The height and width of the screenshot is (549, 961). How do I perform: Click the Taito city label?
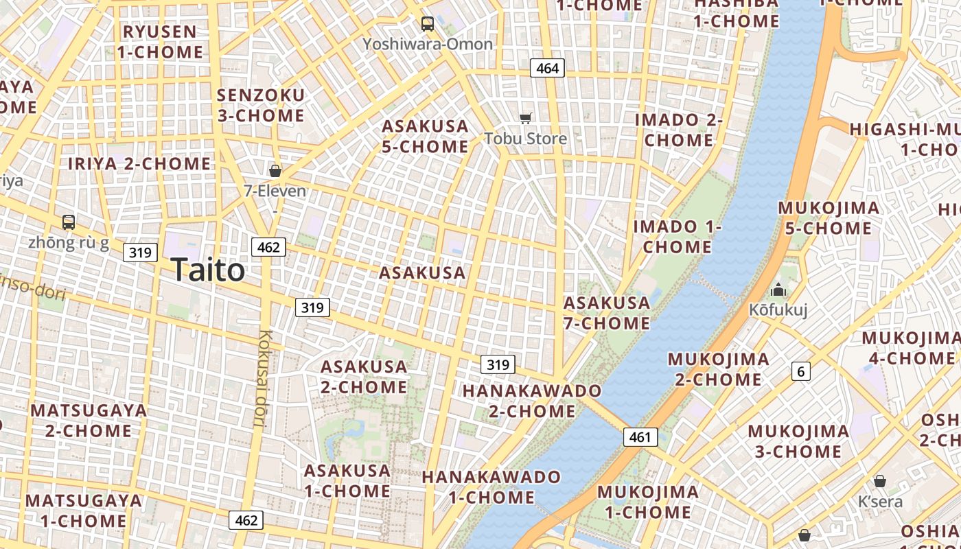click(207, 270)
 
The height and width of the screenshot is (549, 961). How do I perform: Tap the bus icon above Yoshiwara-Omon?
click(428, 24)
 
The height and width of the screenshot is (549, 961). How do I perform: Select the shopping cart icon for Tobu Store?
click(526, 118)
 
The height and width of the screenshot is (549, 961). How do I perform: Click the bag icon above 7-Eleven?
click(275, 170)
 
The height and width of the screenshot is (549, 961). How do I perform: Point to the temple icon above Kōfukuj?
click(778, 290)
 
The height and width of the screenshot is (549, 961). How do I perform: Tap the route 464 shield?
click(547, 68)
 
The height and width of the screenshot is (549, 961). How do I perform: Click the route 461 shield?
click(640, 436)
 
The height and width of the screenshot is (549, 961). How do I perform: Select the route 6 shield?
click(800, 371)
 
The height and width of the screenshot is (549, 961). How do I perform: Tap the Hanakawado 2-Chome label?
click(532, 401)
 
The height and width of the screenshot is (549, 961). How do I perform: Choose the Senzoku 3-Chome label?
click(261, 105)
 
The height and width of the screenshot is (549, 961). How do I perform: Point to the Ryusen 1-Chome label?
click(160, 42)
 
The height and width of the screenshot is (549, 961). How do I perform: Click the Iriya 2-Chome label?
click(139, 163)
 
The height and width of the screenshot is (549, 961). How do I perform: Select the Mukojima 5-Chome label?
click(829, 218)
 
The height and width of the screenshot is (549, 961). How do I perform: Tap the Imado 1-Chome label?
click(678, 236)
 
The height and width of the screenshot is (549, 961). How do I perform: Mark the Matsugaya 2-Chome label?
click(89, 421)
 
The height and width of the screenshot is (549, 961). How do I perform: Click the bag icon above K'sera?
click(880, 480)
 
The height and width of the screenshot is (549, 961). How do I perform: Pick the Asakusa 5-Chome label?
click(426, 136)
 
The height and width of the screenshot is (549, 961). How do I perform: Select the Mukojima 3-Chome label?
click(798, 441)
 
